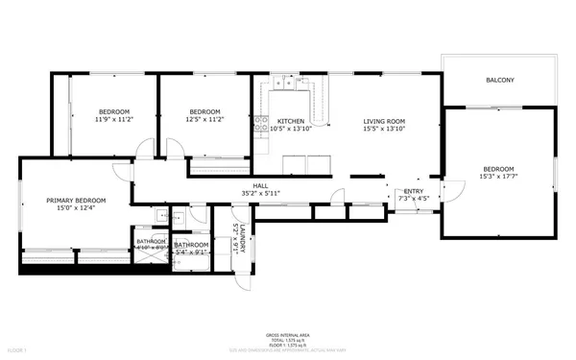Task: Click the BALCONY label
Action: [x=498, y=80]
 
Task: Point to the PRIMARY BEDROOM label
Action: [x=76, y=200]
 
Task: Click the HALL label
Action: [x=260, y=185]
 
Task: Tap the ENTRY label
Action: [x=414, y=191]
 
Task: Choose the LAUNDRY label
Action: [x=244, y=238]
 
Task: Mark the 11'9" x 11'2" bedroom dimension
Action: [x=113, y=119]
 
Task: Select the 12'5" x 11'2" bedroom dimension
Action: [x=205, y=119]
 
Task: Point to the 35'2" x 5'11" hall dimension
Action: [x=260, y=193]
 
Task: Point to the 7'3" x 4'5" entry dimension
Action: [x=414, y=199]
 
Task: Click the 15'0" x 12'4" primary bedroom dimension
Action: [x=76, y=207]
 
